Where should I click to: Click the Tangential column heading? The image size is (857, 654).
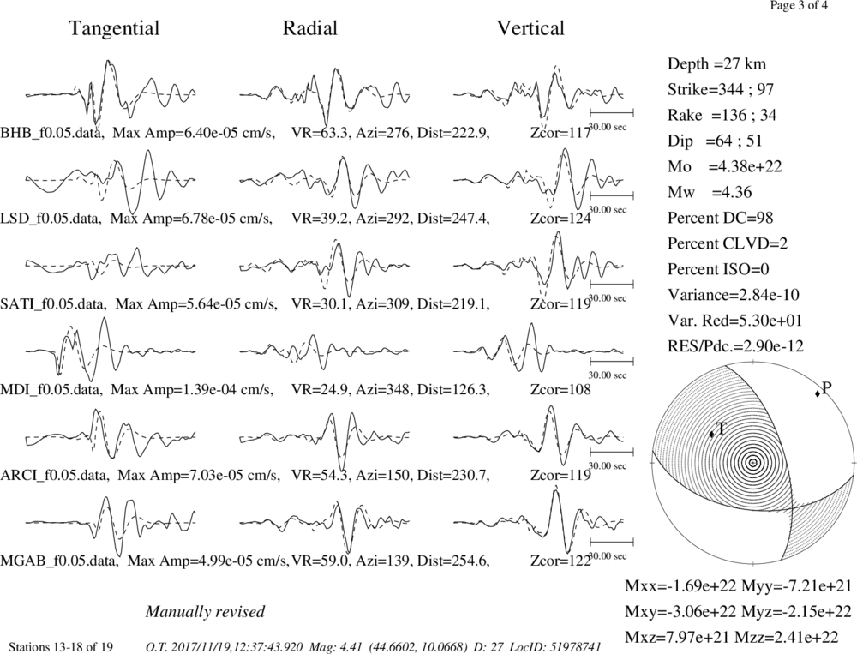pos(114,28)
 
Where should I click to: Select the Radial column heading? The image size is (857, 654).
pos(310,28)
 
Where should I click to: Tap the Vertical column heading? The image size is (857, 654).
pos(530,28)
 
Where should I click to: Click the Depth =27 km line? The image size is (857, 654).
pos(716,64)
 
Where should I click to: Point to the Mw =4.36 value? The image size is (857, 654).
pos(710,192)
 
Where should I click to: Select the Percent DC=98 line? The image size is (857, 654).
pos(721,218)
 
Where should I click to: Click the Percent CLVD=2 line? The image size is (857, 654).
pos(728,243)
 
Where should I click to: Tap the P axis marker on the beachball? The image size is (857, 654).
pos(818,393)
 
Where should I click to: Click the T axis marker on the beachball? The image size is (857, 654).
pos(711,435)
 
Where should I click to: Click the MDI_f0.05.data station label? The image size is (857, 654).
pos(51,389)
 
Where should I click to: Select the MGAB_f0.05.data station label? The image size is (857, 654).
pos(60,561)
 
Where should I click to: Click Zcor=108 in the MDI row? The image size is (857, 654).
pos(560,389)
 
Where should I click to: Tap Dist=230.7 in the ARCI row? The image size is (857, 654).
pos(453,475)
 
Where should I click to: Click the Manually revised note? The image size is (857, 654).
pos(205,611)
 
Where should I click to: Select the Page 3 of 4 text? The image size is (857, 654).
pos(799,6)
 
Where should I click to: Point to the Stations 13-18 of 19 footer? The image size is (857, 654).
pos(61,647)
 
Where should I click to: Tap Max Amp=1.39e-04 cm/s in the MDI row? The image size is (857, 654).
pos(192,389)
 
